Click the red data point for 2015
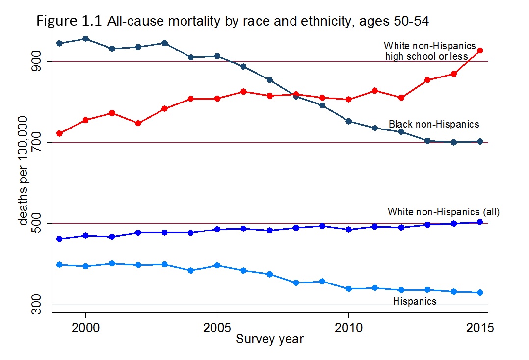[480, 51]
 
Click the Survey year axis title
[270, 339]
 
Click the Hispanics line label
[415, 301]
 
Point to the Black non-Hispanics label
[434, 124]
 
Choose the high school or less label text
[426, 56]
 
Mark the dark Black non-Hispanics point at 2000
[86, 38]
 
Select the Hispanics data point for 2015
[480, 293]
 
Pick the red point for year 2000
[86, 120]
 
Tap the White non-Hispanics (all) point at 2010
[348, 229]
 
